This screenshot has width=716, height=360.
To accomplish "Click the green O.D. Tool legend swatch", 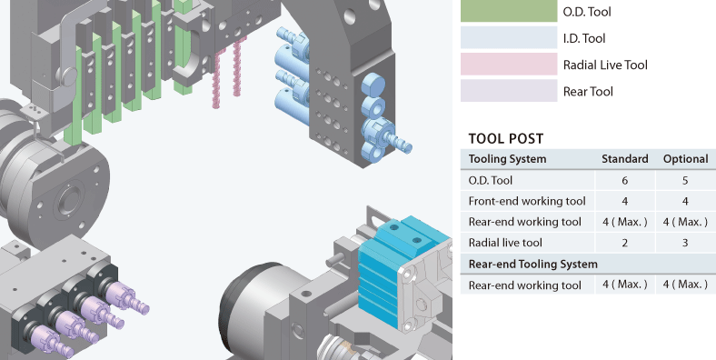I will [x=508, y=11].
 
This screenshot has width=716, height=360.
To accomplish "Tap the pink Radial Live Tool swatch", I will [x=508, y=65].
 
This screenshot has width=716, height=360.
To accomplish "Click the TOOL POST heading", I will [x=505, y=139].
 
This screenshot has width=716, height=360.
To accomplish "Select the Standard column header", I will [x=624, y=159].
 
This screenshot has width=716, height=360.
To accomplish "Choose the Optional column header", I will [x=685, y=159].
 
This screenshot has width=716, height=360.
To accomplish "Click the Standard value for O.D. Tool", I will [x=624, y=180].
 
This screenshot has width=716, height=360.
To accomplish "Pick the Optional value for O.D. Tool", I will [x=685, y=180].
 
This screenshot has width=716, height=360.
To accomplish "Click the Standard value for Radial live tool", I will [x=624, y=243].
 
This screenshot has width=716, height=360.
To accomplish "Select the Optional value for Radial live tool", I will [x=685, y=243].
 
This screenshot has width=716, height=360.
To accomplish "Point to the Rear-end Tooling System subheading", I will [x=532, y=264].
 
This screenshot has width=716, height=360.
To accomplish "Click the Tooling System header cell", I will [x=507, y=159].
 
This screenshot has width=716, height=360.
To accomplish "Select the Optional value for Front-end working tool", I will [x=685, y=201].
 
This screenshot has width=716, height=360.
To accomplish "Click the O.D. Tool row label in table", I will [x=491, y=180].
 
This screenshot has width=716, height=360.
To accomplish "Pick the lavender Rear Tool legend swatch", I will [x=508, y=91].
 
